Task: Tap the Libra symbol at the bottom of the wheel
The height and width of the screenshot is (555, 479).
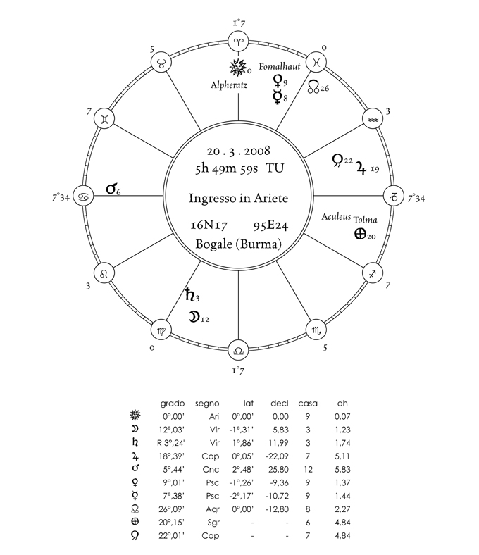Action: [239, 349]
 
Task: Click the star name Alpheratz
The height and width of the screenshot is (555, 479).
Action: [228, 85]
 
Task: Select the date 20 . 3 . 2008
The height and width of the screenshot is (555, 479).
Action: [238, 151]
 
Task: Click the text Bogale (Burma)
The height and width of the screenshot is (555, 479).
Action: [240, 245]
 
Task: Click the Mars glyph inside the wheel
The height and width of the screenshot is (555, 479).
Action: [111, 189]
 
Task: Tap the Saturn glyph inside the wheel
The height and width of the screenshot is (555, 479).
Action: [189, 296]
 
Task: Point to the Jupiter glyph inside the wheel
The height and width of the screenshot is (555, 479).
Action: [362, 167]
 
